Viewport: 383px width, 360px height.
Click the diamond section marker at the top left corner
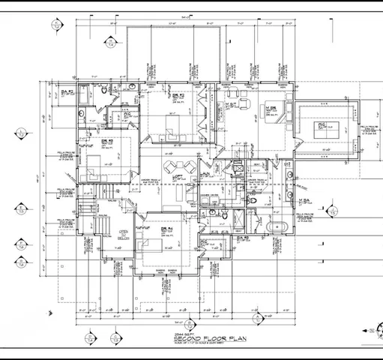56,24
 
